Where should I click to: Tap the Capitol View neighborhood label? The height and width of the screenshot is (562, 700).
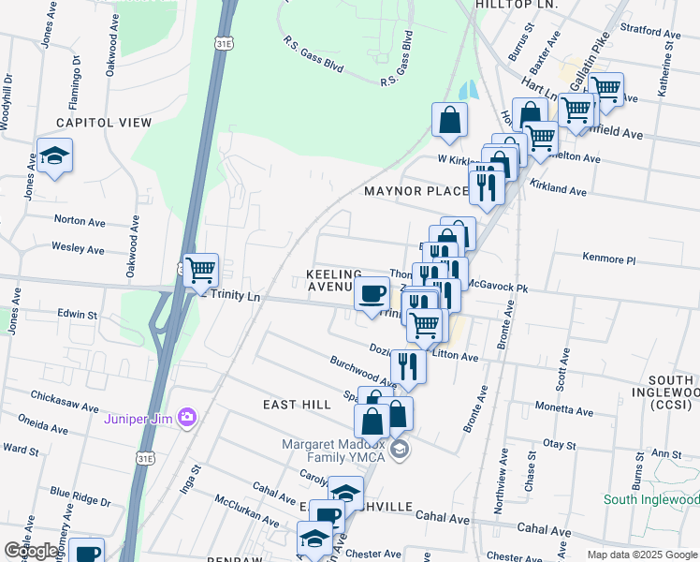point(104,123)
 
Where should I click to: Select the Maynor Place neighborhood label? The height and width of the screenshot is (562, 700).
point(416,191)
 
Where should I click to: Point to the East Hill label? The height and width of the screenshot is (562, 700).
point(297,404)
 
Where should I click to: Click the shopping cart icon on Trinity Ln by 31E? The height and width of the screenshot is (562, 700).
point(201,271)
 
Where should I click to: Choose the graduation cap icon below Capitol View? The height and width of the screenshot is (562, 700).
point(55,155)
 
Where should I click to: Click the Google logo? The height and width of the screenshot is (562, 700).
point(31,551)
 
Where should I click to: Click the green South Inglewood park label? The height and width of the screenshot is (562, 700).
point(650,499)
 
